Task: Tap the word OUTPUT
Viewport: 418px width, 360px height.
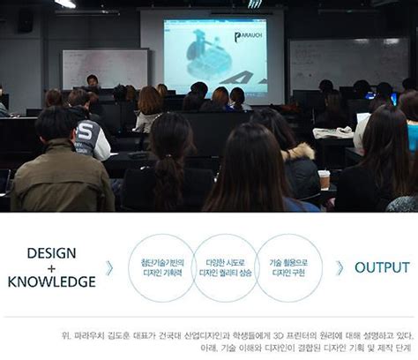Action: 381,267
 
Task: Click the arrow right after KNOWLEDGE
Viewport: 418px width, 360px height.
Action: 109,267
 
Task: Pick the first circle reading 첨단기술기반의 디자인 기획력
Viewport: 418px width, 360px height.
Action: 161,267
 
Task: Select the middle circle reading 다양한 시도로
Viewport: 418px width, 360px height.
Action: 225,267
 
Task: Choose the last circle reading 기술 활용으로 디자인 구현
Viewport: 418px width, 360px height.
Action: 288,267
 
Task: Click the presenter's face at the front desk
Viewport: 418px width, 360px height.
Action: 92,80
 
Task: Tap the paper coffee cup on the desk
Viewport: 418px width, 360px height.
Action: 324,179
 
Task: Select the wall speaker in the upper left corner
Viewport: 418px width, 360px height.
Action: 25,20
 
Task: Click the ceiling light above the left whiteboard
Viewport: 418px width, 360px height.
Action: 66,4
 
